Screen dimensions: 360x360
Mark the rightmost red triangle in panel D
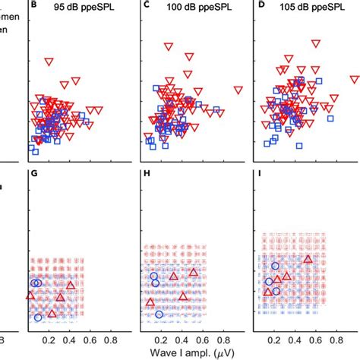(354, 79)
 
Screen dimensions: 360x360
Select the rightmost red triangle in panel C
(238, 90)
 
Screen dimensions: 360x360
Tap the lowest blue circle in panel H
(159, 314)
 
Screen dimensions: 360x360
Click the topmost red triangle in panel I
(308, 260)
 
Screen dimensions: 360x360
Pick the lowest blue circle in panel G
(38, 317)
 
